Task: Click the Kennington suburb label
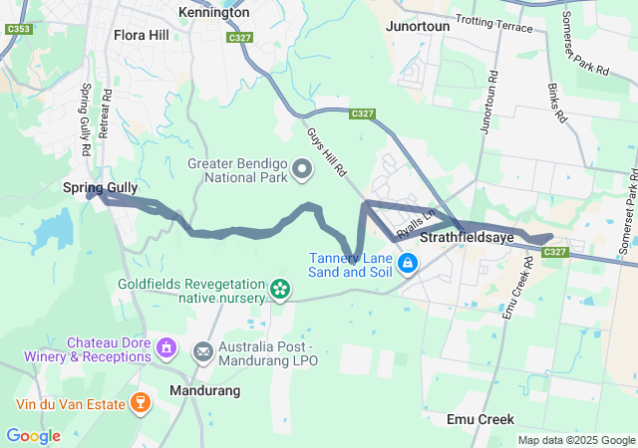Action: [x=213, y=12]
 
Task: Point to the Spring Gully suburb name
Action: [x=100, y=187]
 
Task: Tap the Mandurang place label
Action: [x=204, y=391]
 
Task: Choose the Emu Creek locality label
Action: [x=480, y=419]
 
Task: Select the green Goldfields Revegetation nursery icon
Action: [x=280, y=290]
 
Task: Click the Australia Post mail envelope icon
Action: [x=203, y=350]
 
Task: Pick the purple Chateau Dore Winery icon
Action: [x=166, y=349]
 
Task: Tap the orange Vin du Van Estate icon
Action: [x=141, y=403]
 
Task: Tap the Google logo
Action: [x=33, y=435]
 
